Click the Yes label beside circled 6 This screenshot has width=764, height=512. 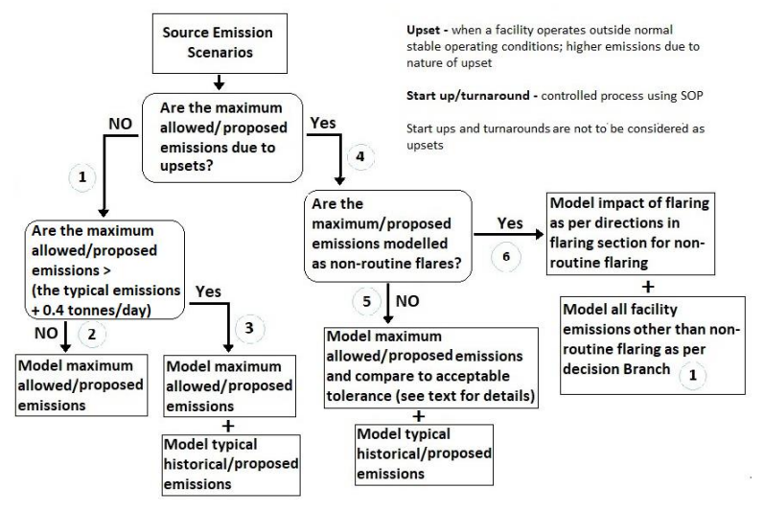point(509,224)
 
